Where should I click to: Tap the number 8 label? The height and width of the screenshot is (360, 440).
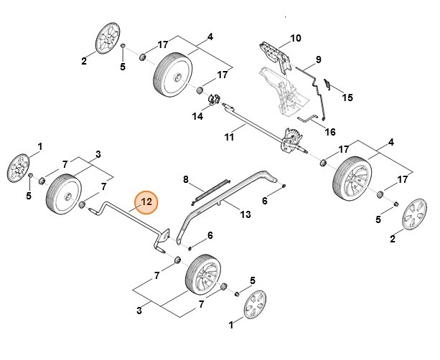185,179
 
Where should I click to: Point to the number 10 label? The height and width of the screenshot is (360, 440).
295,37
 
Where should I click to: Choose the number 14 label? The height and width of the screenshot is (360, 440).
196,115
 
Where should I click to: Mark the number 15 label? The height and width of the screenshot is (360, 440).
347,97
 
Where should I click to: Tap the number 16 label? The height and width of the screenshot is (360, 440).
330,132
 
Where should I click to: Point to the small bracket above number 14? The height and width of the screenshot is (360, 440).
213,98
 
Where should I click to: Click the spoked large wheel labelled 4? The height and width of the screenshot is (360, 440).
352,179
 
